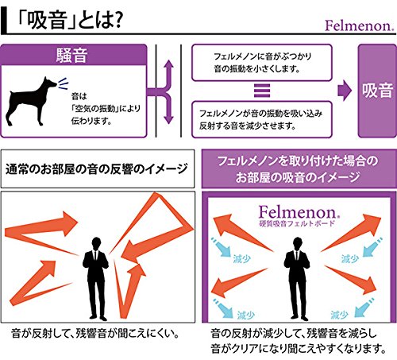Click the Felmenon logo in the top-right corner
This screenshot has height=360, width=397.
(360, 26)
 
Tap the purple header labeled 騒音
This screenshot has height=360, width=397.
(74, 55)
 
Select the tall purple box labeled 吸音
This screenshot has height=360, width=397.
(377, 91)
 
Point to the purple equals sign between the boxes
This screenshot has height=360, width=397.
(262, 91)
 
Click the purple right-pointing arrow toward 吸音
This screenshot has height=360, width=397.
(345, 91)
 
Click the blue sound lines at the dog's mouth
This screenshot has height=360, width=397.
(64, 83)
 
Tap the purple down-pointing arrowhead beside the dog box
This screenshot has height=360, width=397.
(168, 118)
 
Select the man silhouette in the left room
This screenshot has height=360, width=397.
(96, 278)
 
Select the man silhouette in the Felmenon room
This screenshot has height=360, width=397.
(297, 278)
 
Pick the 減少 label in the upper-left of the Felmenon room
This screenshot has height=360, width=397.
(242, 258)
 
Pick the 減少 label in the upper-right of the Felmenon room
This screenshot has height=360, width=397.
(350, 258)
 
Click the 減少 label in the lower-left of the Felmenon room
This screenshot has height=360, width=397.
(246, 315)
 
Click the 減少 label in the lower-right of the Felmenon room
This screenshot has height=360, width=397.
(339, 315)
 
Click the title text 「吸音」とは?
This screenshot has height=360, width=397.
(69, 21)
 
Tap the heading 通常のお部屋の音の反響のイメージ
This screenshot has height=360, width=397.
(97, 169)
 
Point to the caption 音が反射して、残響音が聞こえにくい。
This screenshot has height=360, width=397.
(95, 334)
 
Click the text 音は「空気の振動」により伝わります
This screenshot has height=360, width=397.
(106, 109)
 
